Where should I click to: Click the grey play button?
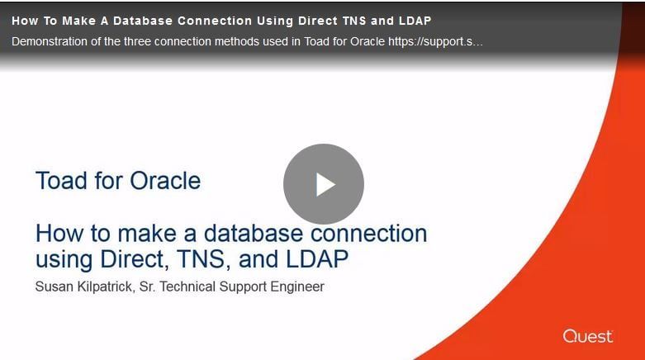tap(323, 184)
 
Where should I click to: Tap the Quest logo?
tap(588, 336)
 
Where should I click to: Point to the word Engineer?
tap(297, 287)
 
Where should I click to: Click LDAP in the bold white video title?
tap(415, 21)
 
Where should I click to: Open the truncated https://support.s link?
tap(435, 41)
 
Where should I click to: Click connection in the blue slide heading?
tap(368, 234)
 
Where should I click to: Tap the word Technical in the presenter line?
tap(187, 287)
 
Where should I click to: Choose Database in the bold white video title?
tap(143, 21)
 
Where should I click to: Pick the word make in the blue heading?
tap(147, 234)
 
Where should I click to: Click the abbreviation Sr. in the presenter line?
tap(147, 287)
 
